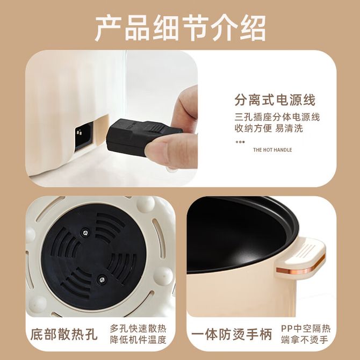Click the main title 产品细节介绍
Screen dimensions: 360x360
[x=180, y=28]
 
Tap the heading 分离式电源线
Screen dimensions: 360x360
[x=275, y=100]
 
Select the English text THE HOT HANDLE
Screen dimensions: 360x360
[x=272, y=150]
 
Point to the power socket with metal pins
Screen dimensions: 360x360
[x=84, y=136]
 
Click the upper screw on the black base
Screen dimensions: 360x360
[x=85, y=233]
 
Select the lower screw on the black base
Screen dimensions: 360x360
[x=102, y=279]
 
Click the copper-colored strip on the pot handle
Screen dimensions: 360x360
[x=301, y=267]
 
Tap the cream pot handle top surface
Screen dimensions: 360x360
[x=308, y=250]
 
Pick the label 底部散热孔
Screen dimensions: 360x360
[x=64, y=334]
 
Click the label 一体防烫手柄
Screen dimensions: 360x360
[x=232, y=334]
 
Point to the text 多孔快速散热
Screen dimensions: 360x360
[x=138, y=328]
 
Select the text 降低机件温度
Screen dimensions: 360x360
[x=138, y=340]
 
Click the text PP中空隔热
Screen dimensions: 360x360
[x=306, y=328]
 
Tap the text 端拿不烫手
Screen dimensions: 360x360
[x=305, y=340]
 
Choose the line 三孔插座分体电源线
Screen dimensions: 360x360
[x=277, y=117]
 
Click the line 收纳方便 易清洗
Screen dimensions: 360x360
[x=269, y=128]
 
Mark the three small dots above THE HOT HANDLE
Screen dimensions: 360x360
[x=240, y=142]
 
